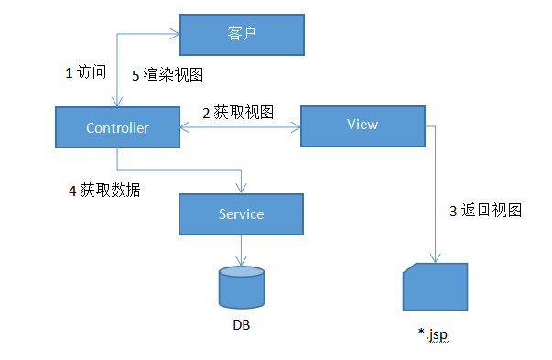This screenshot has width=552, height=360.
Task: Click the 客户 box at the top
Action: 241,35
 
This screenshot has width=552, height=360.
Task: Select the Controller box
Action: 117,128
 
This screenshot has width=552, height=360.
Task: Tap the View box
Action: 363,125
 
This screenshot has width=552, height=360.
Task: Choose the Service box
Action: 241,214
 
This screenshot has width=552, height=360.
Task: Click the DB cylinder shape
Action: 242,288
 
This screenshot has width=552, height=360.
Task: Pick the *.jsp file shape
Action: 435,288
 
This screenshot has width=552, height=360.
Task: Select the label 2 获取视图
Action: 238,112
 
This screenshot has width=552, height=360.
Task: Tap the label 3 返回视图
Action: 485,210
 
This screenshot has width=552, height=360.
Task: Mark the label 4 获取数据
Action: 104,191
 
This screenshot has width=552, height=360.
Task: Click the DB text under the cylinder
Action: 242,324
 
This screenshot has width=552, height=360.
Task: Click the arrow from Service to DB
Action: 242,251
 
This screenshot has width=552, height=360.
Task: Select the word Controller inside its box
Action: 117,128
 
